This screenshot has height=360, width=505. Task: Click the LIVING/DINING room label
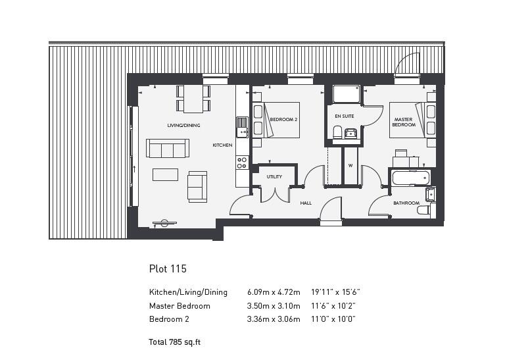tap(183, 125)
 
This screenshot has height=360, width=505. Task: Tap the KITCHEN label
tap(222, 145)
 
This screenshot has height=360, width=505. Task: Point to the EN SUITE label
tap(344, 116)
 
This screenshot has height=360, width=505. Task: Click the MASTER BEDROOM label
tap(403, 122)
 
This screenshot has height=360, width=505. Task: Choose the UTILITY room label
tap(274, 177)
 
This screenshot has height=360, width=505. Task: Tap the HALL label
tap(306, 203)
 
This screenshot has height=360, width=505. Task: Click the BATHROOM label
tap(406, 203)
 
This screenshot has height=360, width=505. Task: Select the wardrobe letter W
tap(350, 165)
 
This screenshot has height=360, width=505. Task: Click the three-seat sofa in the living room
tap(168, 149)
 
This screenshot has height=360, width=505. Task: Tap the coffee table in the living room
tap(165, 174)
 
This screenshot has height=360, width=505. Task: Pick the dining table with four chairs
tap(193, 99)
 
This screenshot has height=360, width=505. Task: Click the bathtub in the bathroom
tap(410, 178)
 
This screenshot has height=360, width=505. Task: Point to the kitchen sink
tap(242, 123)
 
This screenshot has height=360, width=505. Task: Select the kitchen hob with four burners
tap(242, 162)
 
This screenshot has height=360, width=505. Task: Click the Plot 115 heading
tap(168, 269)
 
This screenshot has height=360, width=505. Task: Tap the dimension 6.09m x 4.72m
tap(274, 292)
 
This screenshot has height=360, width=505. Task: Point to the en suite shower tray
tap(347, 94)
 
